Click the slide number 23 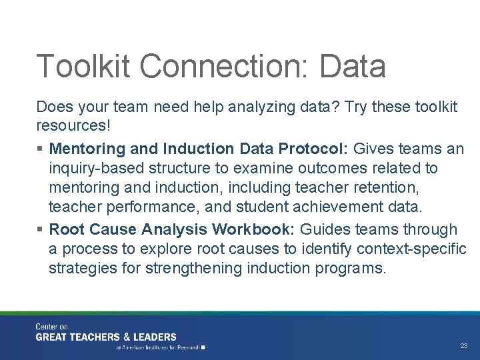point(463,346)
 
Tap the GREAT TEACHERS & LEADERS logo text point(106,337)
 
